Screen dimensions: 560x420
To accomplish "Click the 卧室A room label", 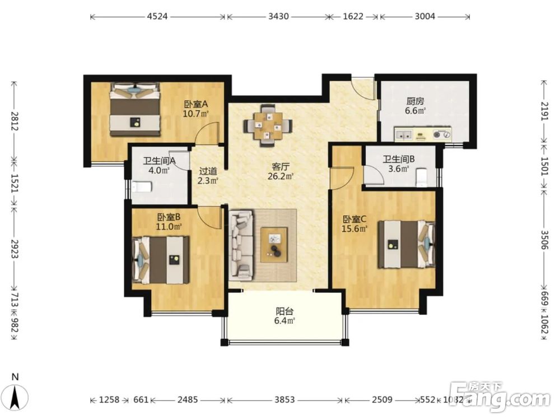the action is click(x=195, y=105).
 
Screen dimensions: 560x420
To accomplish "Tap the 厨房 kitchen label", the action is click(x=416, y=101).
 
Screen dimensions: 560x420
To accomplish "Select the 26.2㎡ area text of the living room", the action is click(x=281, y=176).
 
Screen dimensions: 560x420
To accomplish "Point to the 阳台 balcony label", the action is click(x=284, y=311).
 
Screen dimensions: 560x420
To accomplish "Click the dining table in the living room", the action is click(x=268, y=125).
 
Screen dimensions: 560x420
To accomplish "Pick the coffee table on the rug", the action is click(x=274, y=245).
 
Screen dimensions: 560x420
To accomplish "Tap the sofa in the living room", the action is click(x=241, y=245).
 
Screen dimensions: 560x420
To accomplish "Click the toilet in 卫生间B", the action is click(x=422, y=177).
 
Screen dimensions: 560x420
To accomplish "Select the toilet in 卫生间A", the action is click(x=142, y=187).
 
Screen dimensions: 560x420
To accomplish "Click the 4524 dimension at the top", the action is click(x=157, y=16).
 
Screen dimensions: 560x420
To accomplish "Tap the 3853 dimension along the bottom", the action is click(x=284, y=400).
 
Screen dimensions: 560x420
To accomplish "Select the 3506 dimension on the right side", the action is click(x=544, y=240).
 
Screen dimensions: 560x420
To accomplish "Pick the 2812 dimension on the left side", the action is click(x=15, y=121).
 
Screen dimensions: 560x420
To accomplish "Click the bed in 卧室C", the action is click(x=407, y=244).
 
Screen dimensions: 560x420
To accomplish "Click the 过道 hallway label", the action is click(x=208, y=171).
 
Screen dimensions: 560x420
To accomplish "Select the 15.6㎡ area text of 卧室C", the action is click(x=354, y=228).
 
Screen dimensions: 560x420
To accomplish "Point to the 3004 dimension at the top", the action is click(x=424, y=16).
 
